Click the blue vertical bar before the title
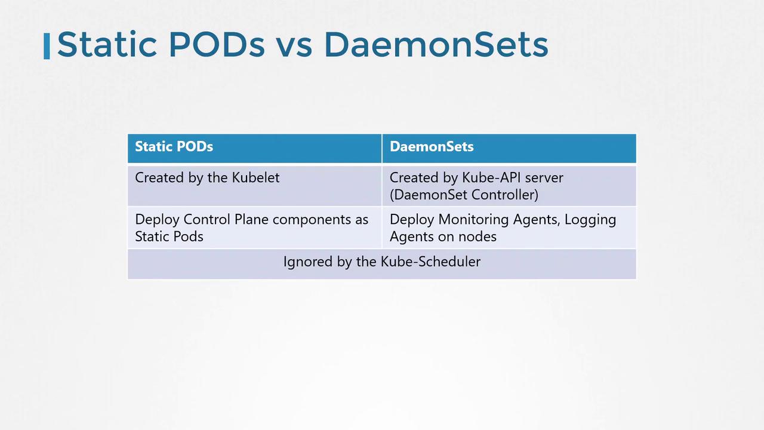47,46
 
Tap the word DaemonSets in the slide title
436,44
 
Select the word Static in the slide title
107,44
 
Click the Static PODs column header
174,146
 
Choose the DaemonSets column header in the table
432,146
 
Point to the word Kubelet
256,177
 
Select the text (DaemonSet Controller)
464,195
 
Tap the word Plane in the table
252,219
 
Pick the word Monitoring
474,219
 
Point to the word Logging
590,219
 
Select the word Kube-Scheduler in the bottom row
430,262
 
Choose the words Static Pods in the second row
169,236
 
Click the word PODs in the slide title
217,44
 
